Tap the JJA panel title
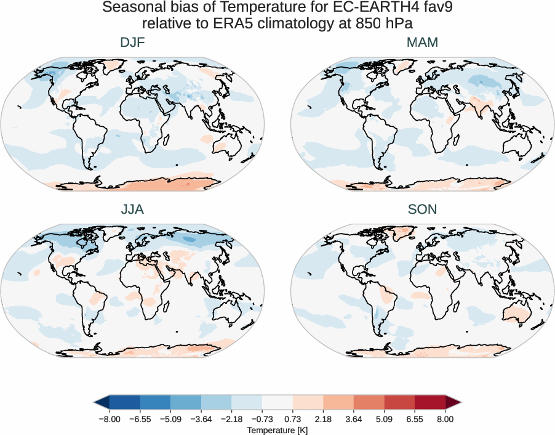pos(133,209)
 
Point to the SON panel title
pos(422,209)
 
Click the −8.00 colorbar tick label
pos(109,419)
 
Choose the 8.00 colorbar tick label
pos(445,419)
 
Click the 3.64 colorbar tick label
pos(354,419)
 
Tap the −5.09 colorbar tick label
pos(170,419)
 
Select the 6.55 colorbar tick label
pos(415,419)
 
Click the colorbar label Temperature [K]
pos(277,429)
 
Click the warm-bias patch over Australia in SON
pos(517,313)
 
